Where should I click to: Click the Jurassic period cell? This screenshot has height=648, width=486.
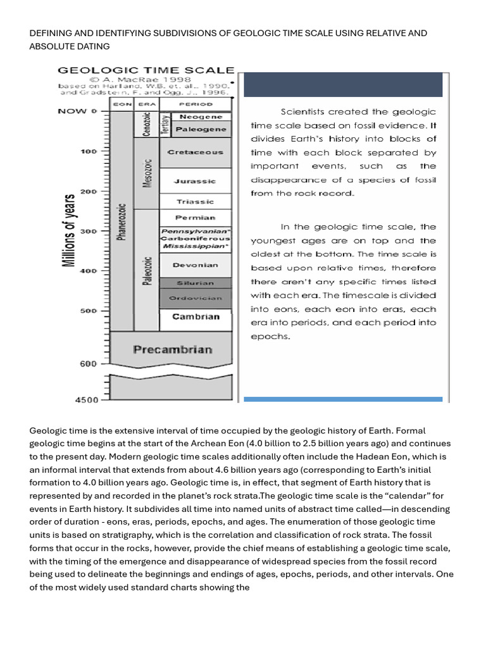(x=195, y=181)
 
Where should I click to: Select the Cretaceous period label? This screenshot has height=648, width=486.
(x=195, y=152)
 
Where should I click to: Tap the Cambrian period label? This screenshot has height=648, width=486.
(x=196, y=316)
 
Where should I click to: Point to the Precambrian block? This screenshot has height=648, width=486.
(x=172, y=349)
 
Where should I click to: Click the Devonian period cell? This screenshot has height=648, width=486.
(x=195, y=266)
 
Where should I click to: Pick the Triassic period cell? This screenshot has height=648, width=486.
(x=195, y=201)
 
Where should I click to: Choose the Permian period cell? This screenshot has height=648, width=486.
(x=195, y=218)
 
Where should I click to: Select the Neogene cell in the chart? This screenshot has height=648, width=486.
(x=201, y=117)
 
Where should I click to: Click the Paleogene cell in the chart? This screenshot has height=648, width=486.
(x=201, y=129)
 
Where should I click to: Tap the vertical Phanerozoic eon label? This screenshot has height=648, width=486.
(x=122, y=221)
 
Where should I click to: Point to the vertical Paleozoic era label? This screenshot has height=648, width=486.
(x=147, y=271)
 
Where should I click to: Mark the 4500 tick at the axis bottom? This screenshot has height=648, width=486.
(x=87, y=400)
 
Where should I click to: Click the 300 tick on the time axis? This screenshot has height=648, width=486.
(x=88, y=232)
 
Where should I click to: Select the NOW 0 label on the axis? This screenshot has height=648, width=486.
(x=77, y=111)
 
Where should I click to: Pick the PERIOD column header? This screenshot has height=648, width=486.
(x=196, y=103)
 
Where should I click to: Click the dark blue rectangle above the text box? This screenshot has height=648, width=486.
(x=343, y=85)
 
